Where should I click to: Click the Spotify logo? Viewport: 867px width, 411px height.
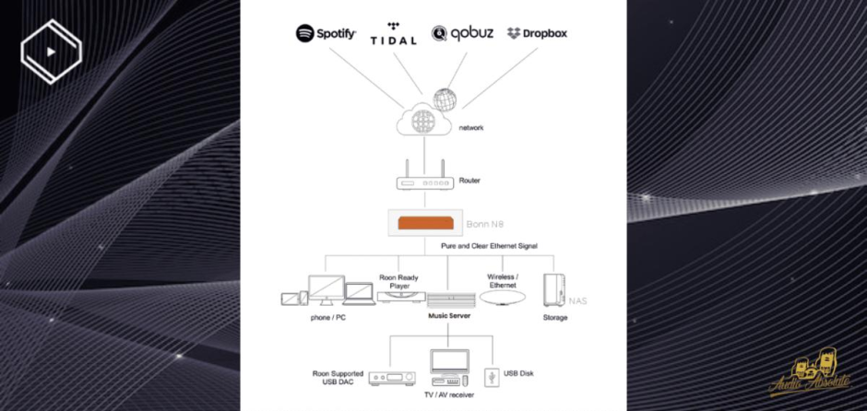(x=326, y=33)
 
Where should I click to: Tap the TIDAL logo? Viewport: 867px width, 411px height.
(x=393, y=34)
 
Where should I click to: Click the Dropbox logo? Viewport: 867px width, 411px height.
(x=537, y=33)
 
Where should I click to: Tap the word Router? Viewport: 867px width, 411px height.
(x=469, y=181)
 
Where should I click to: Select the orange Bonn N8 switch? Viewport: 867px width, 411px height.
(x=424, y=223)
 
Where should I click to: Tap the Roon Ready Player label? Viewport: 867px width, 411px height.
(x=399, y=280)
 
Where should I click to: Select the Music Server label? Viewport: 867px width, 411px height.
(x=449, y=316)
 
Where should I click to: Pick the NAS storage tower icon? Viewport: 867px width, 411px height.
(x=554, y=290)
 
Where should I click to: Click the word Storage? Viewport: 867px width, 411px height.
(x=555, y=318)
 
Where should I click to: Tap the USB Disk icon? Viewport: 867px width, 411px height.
(x=491, y=375)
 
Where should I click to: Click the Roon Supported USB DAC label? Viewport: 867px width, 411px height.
(x=338, y=377)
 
